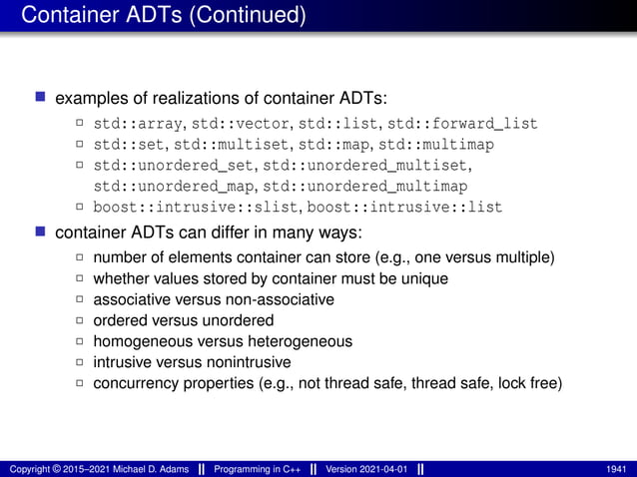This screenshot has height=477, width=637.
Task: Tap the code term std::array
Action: tap(135, 125)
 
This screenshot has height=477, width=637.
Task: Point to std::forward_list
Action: tap(462, 125)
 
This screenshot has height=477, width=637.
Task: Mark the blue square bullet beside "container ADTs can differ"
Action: tap(41, 234)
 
